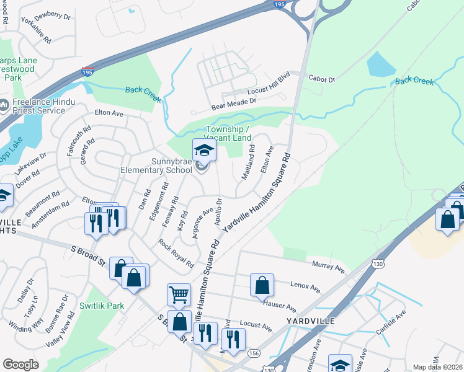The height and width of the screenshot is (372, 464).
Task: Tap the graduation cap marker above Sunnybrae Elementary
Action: [x=203, y=150]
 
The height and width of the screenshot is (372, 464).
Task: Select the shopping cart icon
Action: [x=179, y=294]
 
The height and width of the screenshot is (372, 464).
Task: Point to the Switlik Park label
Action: [x=102, y=306]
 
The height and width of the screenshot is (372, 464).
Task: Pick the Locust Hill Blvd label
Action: [x=269, y=91]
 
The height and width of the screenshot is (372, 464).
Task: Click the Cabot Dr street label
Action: [x=323, y=79]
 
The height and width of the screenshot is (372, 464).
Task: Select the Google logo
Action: [x=20, y=365]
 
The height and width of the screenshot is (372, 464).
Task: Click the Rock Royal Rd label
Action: [x=176, y=254]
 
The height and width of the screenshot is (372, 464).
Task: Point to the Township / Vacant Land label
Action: [x=228, y=133]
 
